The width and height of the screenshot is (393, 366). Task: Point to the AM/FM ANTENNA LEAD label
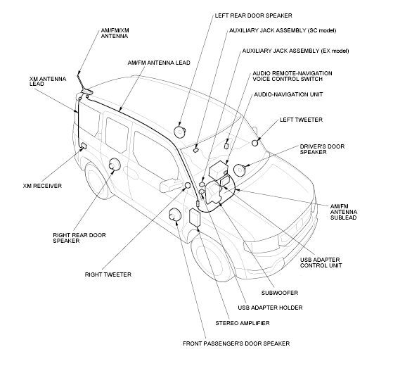[x=158, y=63]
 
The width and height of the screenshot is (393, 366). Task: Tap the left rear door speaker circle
[x=181, y=130]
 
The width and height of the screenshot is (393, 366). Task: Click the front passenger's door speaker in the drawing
[x=175, y=215]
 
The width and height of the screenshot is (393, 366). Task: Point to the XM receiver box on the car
[x=83, y=146]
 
